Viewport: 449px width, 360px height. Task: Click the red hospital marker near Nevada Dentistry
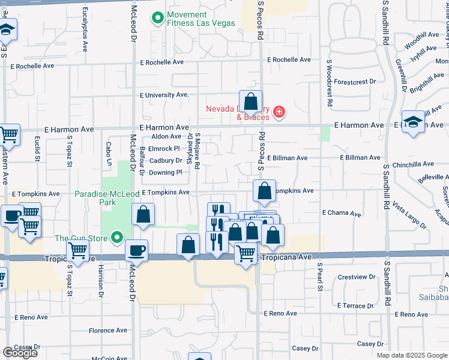pyautogui.click(x=278, y=112)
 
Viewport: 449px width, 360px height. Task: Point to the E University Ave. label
pyautogui.click(x=164, y=95)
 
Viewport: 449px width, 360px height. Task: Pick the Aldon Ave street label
pyautogui.click(x=166, y=137)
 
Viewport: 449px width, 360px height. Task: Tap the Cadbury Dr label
pyautogui.click(x=165, y=161)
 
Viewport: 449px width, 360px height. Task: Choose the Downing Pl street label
pyautogui.click(x=165, y=172)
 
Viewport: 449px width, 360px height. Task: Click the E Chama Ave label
pyautogui.click(x=342, y=213)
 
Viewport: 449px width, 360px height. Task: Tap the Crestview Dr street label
pyautogui.click(x=356, y=277)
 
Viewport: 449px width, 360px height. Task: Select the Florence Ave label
pyautogui.click(x=108, y=330)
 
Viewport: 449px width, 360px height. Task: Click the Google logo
pyautogui.click(x=20, y=353)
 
